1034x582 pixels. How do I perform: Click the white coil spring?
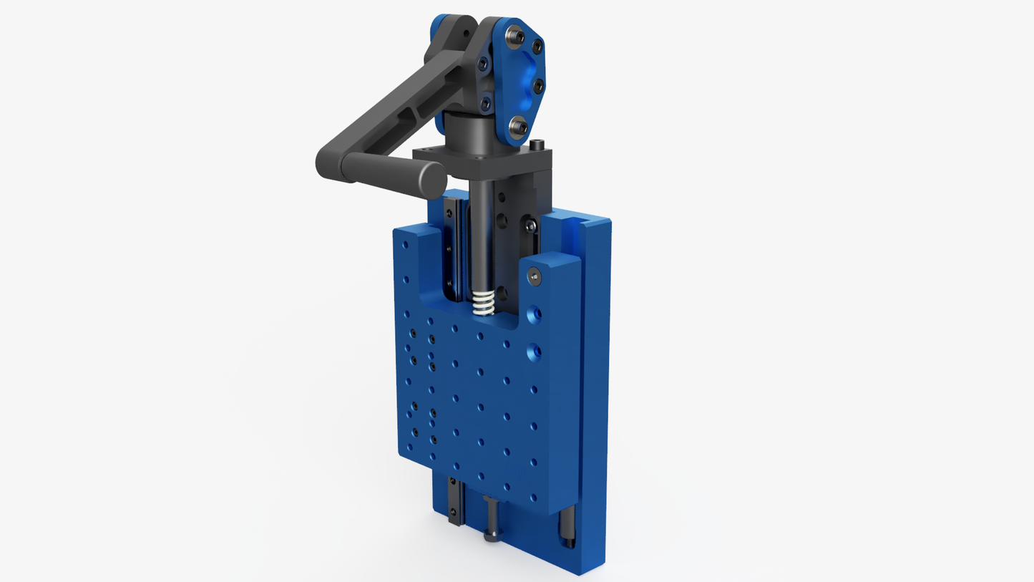tap(484, 304)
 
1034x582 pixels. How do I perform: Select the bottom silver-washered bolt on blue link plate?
tap(519, 127)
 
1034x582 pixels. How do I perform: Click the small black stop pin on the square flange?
tap(536, 145)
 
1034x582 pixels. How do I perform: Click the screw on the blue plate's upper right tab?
tap(534, 274)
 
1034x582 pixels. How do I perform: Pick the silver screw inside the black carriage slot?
tap(530, 225)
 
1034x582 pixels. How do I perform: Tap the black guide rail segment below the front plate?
tap(454, 501)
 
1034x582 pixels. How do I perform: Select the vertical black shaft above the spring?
tap(482, 236)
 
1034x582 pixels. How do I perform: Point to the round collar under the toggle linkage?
tap(469, 132)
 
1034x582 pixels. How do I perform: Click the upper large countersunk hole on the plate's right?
tap(534, 314)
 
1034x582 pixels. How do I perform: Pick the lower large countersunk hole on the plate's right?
tap(534, 351)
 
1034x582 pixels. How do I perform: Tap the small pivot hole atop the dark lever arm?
tap(465, 32)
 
